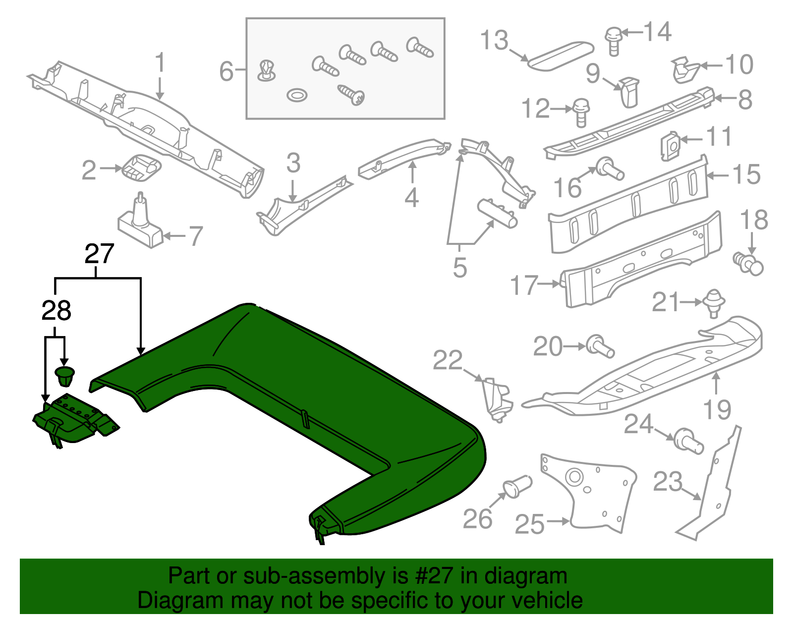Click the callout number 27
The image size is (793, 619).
click(100, 254)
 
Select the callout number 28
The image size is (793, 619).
click(56, 311)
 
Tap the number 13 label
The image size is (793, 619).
click(494, 40)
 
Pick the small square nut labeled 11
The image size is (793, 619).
click(670, 146)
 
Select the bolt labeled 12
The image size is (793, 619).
click(581, 112)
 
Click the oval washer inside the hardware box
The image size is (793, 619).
click(297, 95)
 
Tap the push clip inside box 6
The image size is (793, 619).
click(267, 70)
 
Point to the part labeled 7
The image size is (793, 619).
click(141, 223)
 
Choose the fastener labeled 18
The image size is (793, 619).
click(748, 262)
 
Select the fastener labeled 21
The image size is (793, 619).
click(713, 302)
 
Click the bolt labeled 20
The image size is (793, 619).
click(600, 345)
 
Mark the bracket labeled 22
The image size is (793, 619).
click(497, 399)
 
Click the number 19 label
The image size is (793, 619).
click(717, 409)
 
